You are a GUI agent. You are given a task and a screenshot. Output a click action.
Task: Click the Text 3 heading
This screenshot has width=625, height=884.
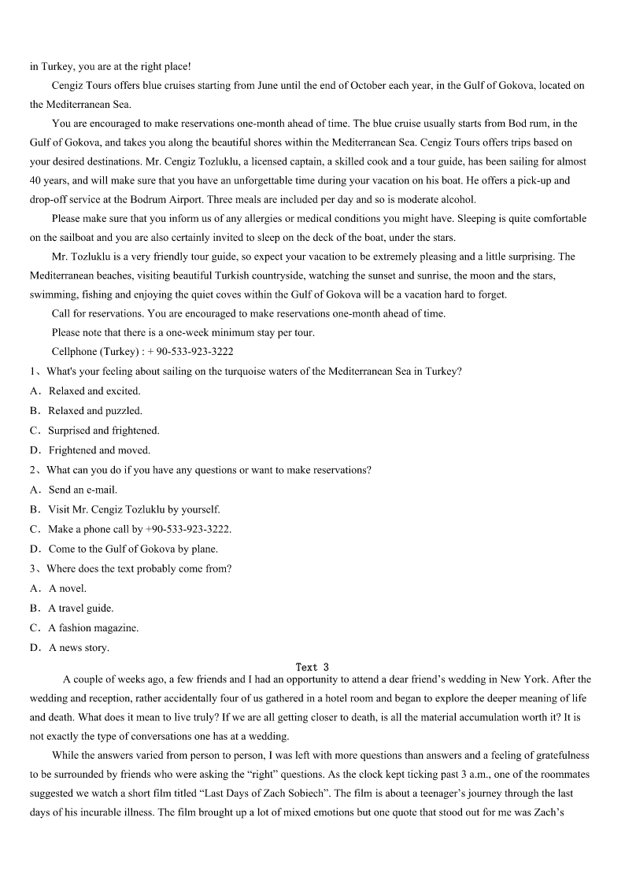[x=312, y=668]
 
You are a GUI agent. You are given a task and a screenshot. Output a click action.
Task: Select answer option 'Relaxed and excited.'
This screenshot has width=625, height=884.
[x=94, y=391]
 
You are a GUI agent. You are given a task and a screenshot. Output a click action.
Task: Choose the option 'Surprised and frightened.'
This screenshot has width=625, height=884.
[x=103, y=431]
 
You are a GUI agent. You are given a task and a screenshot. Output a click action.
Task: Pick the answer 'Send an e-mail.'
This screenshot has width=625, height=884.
[x=83, y=490]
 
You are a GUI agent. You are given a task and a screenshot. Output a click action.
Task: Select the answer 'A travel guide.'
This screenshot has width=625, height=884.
[x=81, y=608]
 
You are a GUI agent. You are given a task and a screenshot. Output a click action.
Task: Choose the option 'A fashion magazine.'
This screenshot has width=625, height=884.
[x=93, y=628]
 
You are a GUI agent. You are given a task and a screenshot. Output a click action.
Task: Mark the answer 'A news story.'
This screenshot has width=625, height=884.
[x=79, y=648]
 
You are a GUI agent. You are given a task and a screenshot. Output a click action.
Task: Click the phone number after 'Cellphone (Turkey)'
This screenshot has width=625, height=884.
[x=190, y=352]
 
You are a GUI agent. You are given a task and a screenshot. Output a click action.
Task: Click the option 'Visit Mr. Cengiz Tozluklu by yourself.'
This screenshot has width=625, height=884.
[x=134, y=509]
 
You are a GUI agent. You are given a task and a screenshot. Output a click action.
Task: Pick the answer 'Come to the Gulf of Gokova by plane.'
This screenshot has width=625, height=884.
[x=133, y=549]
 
